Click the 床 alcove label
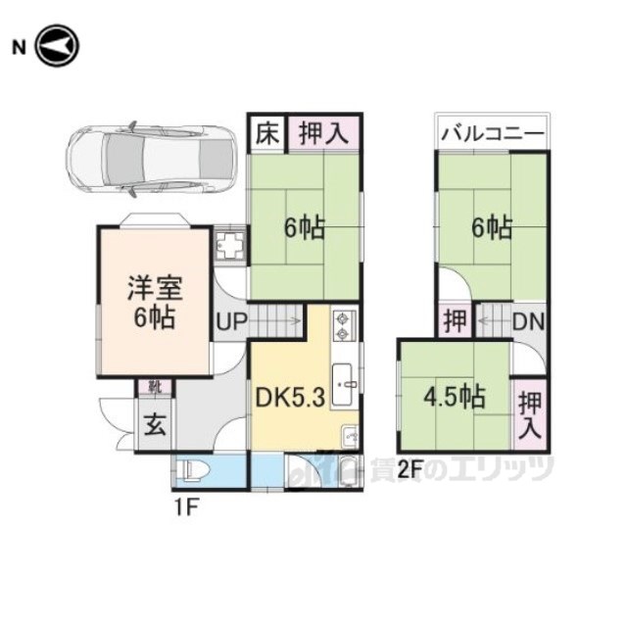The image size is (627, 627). point(265,132)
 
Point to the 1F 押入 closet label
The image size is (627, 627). point(322,132)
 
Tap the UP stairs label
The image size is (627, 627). point(231,320)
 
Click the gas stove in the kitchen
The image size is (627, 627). point(343,323)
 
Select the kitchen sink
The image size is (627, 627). point(344,383)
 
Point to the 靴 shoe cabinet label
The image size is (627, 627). point(155,387)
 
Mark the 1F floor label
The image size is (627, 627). point(186,507)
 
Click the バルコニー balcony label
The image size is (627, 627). point(492,132)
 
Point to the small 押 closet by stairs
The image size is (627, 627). point(454,320)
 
